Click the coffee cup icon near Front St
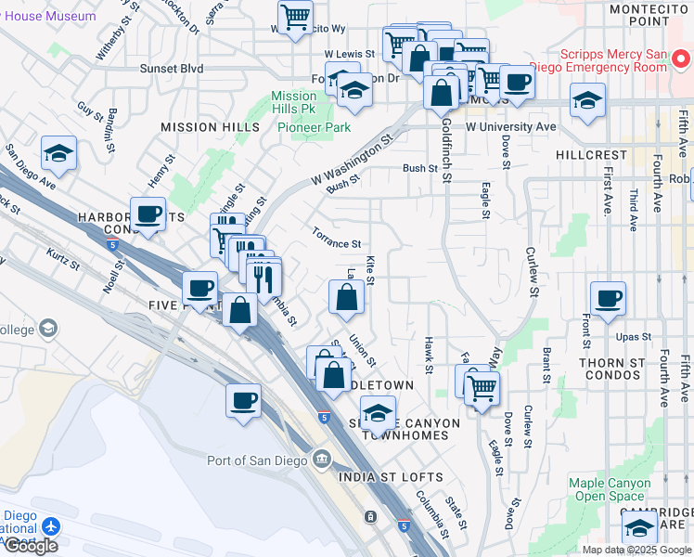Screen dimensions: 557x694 click(x=608, y=299)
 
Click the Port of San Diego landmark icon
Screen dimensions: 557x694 click(x=321, y=458)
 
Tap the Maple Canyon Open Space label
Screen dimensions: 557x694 click(x=610, y=489)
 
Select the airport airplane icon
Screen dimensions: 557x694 click(x=48, y=525)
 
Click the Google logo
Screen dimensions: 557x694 click(x=31, y=546)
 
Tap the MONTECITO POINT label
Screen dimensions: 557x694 click(x=649, y=14)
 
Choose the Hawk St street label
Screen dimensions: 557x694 click(x=429, y=356)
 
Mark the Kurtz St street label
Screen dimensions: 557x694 click(x=63, y=258)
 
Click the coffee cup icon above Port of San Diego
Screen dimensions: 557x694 click(x=243, y=400)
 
